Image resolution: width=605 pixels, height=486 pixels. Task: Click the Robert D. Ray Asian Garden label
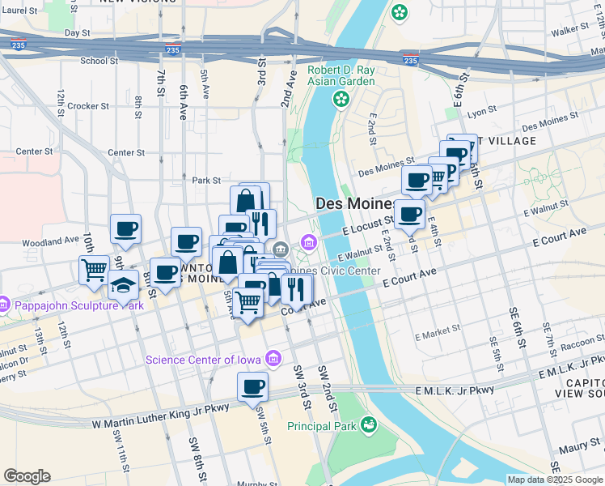[x=341, y=75]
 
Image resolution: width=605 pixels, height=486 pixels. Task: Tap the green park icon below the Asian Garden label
[x=341, y=99]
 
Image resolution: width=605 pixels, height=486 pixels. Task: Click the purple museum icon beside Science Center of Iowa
[x=274, y=358]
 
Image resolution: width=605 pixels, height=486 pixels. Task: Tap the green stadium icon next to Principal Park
[x=369, y=424]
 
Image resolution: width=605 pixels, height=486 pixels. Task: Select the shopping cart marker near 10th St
[x=94, y=269]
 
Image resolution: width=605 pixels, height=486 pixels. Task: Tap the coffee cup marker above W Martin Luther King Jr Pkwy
[x=252, y=387]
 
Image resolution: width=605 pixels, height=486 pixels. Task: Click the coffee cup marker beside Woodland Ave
[x=125, y=229]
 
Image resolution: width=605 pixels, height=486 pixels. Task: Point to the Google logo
[x=27, y=476]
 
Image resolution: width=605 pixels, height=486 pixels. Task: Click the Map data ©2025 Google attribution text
[x=555, y=480]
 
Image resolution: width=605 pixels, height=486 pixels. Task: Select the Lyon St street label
[x=481, y=113]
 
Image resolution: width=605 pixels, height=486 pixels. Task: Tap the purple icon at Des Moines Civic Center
[x=309, y=242]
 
